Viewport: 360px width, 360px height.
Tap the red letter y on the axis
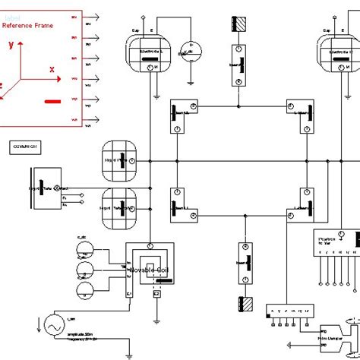point(11,45)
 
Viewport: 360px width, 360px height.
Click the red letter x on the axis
point(52,69)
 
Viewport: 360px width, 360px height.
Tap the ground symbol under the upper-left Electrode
point(156,95)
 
